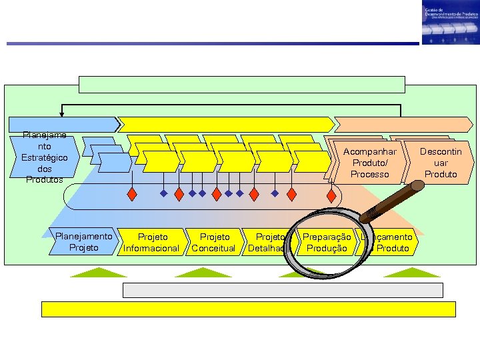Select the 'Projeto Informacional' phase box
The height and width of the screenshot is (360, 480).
coord(152,243)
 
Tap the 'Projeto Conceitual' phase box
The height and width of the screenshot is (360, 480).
coord(213,243)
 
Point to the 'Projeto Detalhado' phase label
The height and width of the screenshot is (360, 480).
coord(268,243)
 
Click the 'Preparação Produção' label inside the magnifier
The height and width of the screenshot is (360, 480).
coord(326,243)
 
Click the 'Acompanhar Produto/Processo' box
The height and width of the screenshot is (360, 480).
coord(369,163)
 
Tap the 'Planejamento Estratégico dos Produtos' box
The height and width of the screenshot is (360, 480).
coord(43,157)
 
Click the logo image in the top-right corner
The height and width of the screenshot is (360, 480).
coord(450,23)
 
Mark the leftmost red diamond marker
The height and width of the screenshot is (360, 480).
coord(133,194)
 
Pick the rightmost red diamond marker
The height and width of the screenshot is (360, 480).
coord(331,195)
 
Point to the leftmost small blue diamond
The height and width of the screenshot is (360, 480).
coord(164,194)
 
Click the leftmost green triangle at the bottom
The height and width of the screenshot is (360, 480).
coord(99,272)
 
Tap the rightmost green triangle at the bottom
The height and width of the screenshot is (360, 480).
coord(403,272)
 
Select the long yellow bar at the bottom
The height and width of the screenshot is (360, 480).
coord(248,309)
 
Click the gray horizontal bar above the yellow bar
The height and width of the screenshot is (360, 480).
coord(283,290)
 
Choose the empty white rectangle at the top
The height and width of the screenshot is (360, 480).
coord(242,85)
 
